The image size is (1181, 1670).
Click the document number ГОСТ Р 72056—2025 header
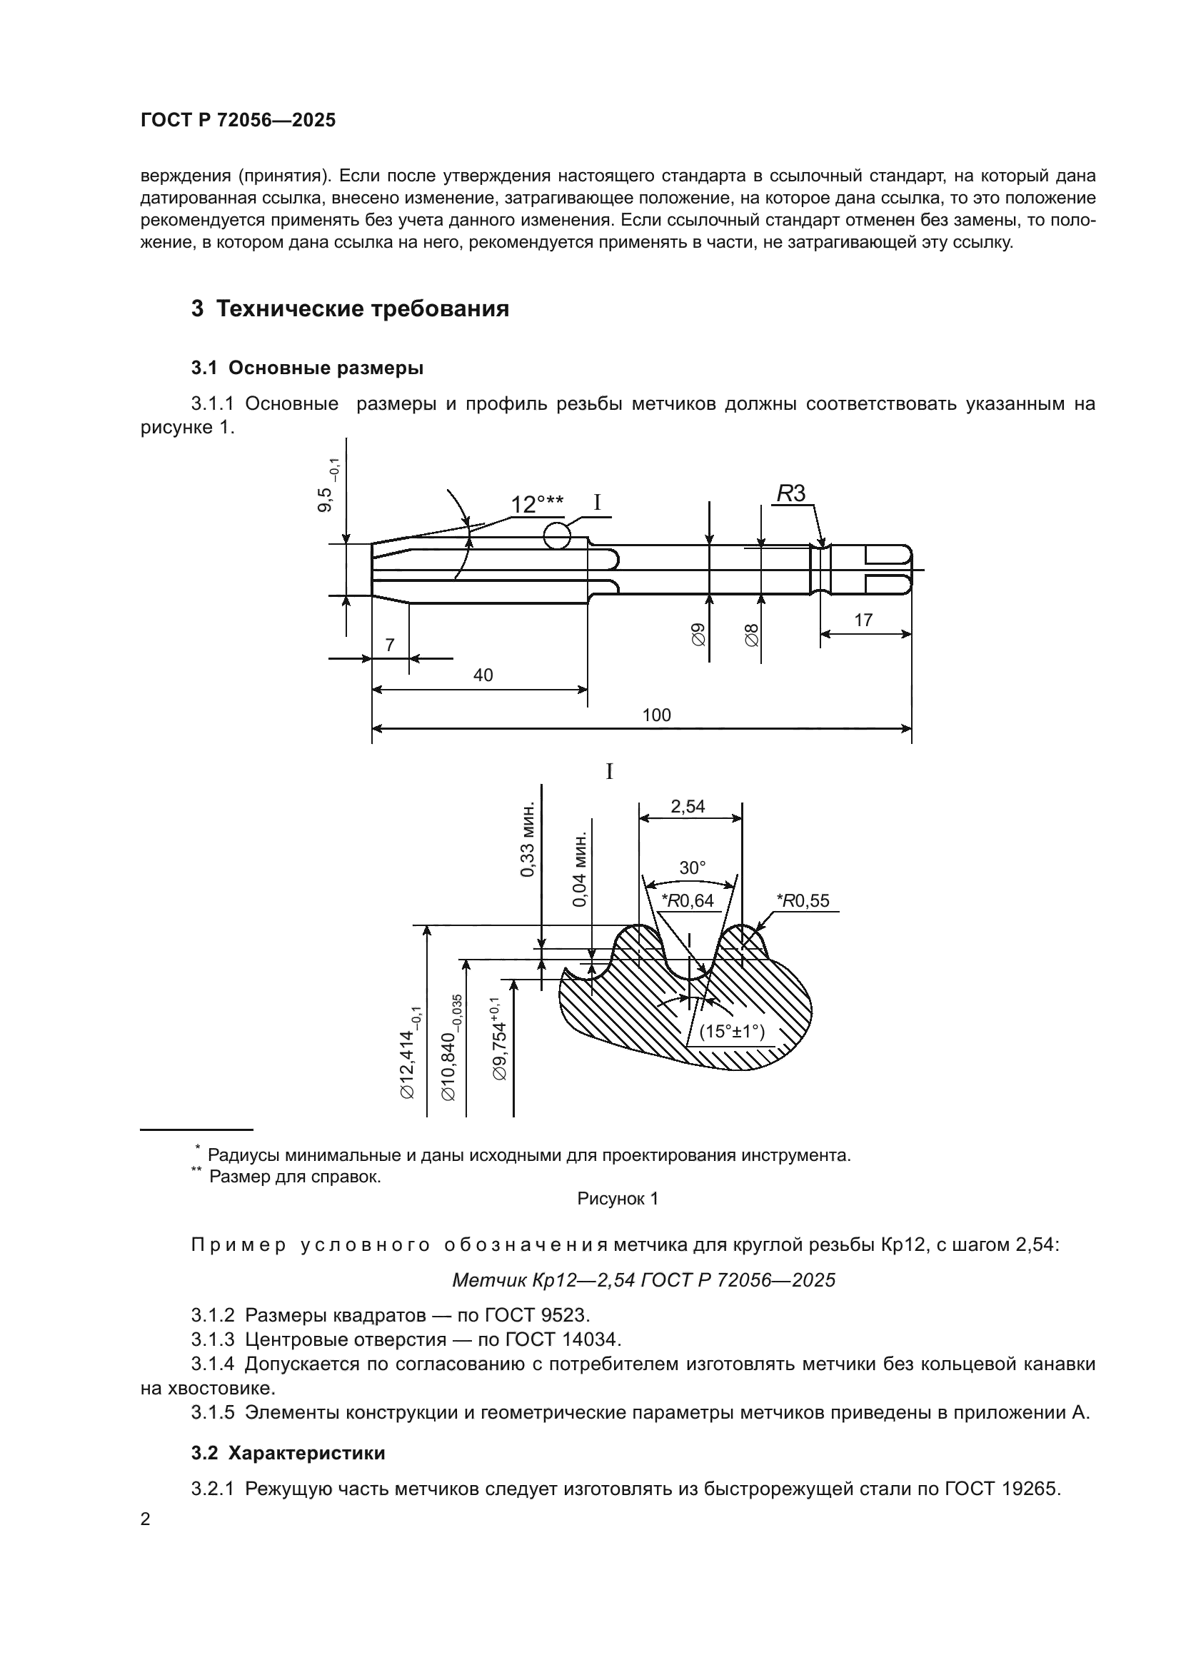coord(238,121)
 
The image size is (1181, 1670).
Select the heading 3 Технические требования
coord(350,309)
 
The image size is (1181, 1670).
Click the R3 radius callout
coord(791,494)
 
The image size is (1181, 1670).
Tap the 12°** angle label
coord(537,504)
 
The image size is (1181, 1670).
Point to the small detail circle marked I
coord(556,537)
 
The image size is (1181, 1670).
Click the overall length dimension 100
coord(656,715)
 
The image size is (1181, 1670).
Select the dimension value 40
coord(483,675)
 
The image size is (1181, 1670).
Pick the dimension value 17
coord(863,620)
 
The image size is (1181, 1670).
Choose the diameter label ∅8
coord(752,634)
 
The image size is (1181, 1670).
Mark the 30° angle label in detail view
coord(693,867)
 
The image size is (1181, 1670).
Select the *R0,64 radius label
coord(687,901)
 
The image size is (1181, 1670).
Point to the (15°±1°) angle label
coord(732,1032)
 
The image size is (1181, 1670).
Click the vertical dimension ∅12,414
coord(408,1052)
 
